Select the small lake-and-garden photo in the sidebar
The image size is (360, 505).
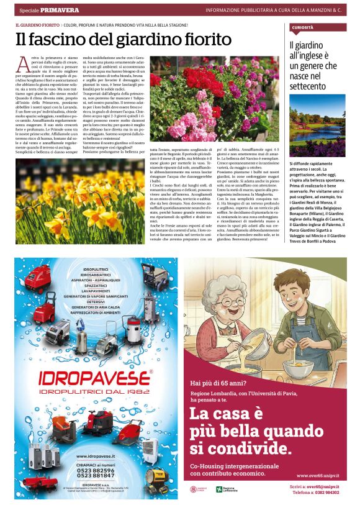click(318, 129)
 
